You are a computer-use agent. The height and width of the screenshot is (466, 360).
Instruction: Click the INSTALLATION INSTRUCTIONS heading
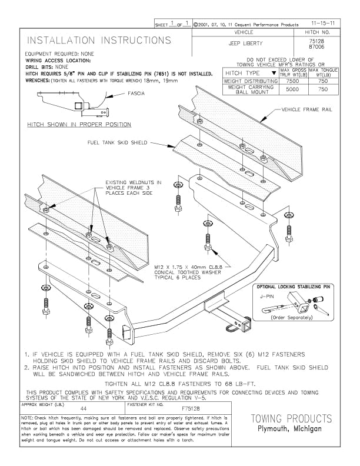99,41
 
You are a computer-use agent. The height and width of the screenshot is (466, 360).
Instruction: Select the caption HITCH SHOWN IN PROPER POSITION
79,125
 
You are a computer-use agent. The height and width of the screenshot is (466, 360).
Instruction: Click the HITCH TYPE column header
244,72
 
